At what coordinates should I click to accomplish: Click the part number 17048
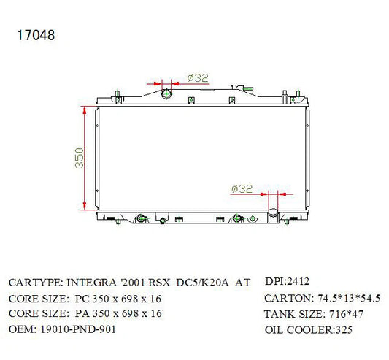36,35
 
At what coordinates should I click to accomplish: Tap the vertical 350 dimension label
79,158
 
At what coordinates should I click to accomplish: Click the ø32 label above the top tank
198,78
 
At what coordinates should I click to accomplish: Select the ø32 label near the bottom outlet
242,188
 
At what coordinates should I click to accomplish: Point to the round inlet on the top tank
166,94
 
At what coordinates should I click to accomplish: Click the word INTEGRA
91,283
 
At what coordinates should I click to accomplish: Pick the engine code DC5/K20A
202,283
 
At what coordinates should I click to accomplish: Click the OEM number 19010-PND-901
78,329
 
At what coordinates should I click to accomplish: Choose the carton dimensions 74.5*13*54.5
349,298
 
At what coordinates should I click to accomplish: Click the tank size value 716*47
346,314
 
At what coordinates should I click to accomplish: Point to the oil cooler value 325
344,330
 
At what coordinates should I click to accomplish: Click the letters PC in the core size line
82,299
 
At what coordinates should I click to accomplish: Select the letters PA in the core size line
82,313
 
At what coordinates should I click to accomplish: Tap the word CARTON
288,298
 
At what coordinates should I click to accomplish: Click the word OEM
21,329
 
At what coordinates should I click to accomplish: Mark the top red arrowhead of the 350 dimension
85,111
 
